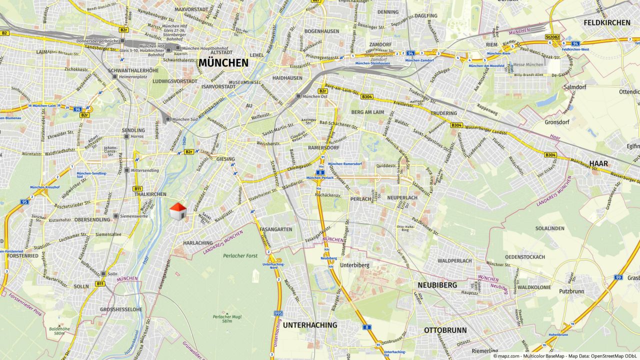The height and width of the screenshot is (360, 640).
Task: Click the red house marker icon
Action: click(178, 211)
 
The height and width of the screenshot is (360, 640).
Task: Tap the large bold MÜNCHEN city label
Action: click(223, 63)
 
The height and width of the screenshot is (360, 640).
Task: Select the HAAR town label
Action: click(598, 163)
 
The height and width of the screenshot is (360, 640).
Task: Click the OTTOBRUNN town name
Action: click(445, 330)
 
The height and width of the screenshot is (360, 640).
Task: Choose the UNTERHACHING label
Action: click(310, 325)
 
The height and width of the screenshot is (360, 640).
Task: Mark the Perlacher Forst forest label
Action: click(240, 256)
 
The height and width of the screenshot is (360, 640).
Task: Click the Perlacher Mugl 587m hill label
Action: click(222, 318)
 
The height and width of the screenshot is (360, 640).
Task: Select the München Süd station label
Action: click(184, 119)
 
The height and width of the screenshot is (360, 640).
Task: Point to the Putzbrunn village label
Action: click(571, 290)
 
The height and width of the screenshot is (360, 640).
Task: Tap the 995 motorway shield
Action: click(278, 313)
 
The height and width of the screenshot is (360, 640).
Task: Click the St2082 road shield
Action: click(551, 36)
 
